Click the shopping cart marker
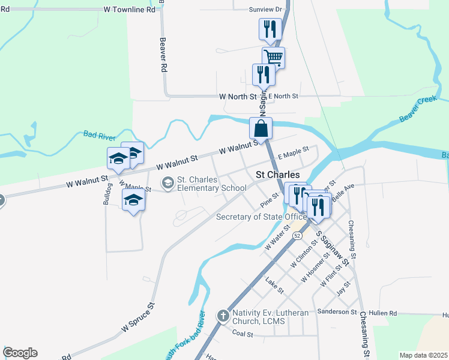273,58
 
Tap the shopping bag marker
261,128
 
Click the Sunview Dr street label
265,10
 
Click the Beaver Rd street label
162,56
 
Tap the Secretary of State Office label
261,217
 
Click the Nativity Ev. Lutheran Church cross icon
223,315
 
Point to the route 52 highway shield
297,236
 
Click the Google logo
20,353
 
